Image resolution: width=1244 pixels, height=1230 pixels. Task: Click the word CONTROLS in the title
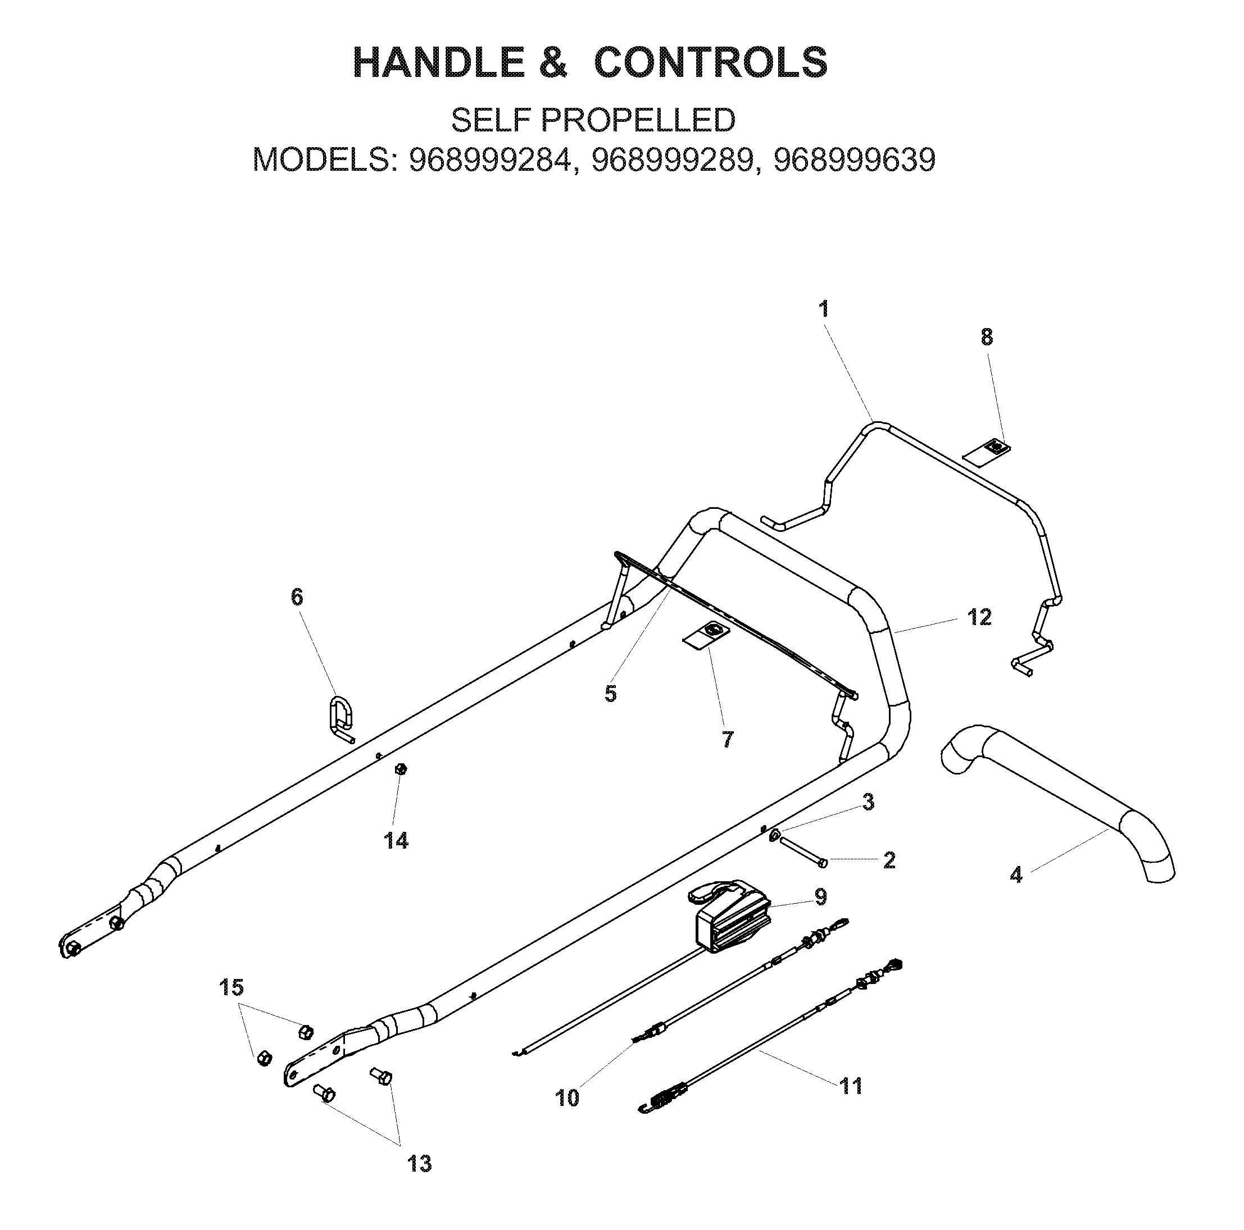tap(710, 62)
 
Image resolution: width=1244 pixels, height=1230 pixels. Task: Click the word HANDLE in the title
tap(439, 62)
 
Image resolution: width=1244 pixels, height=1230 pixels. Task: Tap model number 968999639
tap(855, 160)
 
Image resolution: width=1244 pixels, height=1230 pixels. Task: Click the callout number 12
tap(979, 618)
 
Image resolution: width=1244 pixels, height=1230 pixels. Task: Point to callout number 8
tap(987, 338)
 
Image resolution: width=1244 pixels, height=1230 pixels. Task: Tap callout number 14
tap(396, 841)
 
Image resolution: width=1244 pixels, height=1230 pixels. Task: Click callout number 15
tap(232, 987)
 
